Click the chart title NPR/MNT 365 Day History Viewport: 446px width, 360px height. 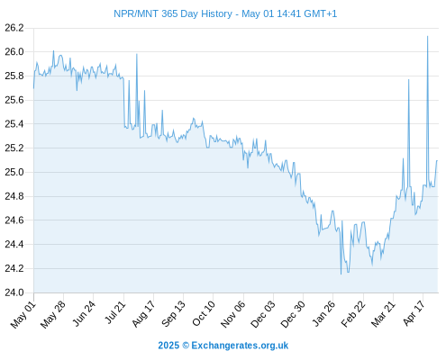click(173, 13)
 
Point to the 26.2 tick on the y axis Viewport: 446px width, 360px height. click(14, 28)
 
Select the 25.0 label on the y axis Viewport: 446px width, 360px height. click(14, 172)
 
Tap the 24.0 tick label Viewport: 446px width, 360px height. click(14, 292)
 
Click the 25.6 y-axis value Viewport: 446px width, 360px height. click(14, 100)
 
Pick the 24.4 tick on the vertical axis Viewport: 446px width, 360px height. click(14, 244)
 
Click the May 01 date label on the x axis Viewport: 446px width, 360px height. click(23, 314)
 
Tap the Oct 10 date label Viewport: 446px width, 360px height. click(204, 313)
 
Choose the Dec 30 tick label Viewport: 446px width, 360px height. click(293, 314)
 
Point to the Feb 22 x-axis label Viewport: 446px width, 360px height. click(353, 314)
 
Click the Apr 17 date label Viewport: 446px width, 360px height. click(414, 313)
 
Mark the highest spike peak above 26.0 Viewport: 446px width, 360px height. click(427, 36)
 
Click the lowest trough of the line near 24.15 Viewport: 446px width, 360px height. click(341, 274)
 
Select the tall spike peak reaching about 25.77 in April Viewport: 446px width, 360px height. click(408, 80)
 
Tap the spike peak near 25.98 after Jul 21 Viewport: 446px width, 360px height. click(137, 54)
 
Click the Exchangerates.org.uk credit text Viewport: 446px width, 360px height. click(240, 346)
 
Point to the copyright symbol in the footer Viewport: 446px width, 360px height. click(186, 346)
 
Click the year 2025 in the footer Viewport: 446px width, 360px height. click(168, 346)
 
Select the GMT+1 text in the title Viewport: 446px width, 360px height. click(320, 13)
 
